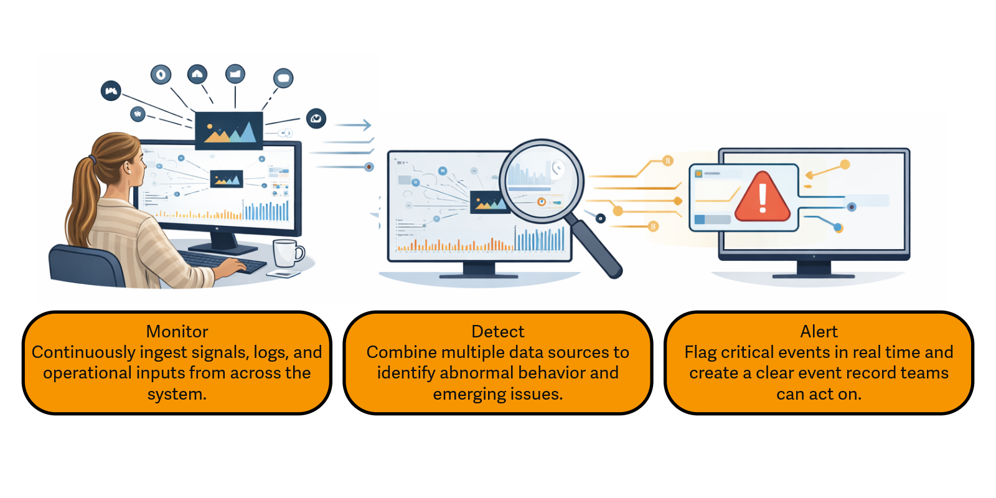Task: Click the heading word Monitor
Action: coord(177,331)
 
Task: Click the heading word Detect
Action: coord(497,331)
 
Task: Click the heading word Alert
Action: coord(819,331)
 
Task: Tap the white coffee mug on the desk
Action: coord(286,253)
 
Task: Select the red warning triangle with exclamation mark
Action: coord(763,199)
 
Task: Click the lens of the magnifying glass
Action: coord(540,181)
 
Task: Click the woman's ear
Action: coord(128,167)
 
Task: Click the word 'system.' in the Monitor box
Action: coord(177,394)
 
